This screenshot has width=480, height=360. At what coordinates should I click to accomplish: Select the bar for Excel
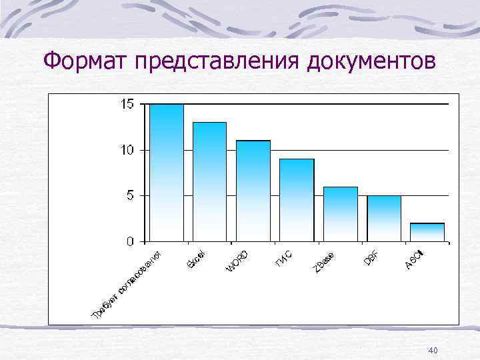pos(209,181)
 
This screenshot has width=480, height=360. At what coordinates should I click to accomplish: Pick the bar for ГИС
pos(296,199)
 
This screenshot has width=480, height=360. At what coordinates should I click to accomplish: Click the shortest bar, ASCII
pos(427,232)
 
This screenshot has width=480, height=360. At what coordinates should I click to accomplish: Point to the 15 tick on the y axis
pos(127,104)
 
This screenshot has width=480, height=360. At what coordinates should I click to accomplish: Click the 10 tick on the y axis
pos(127,150)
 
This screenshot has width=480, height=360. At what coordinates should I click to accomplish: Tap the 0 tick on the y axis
pos(130,241)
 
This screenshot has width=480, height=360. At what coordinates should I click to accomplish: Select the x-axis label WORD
pos(237,261)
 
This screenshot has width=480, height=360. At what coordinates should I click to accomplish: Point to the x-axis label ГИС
pos(283,257)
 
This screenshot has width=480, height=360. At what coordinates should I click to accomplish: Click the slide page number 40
pos(433,351)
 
